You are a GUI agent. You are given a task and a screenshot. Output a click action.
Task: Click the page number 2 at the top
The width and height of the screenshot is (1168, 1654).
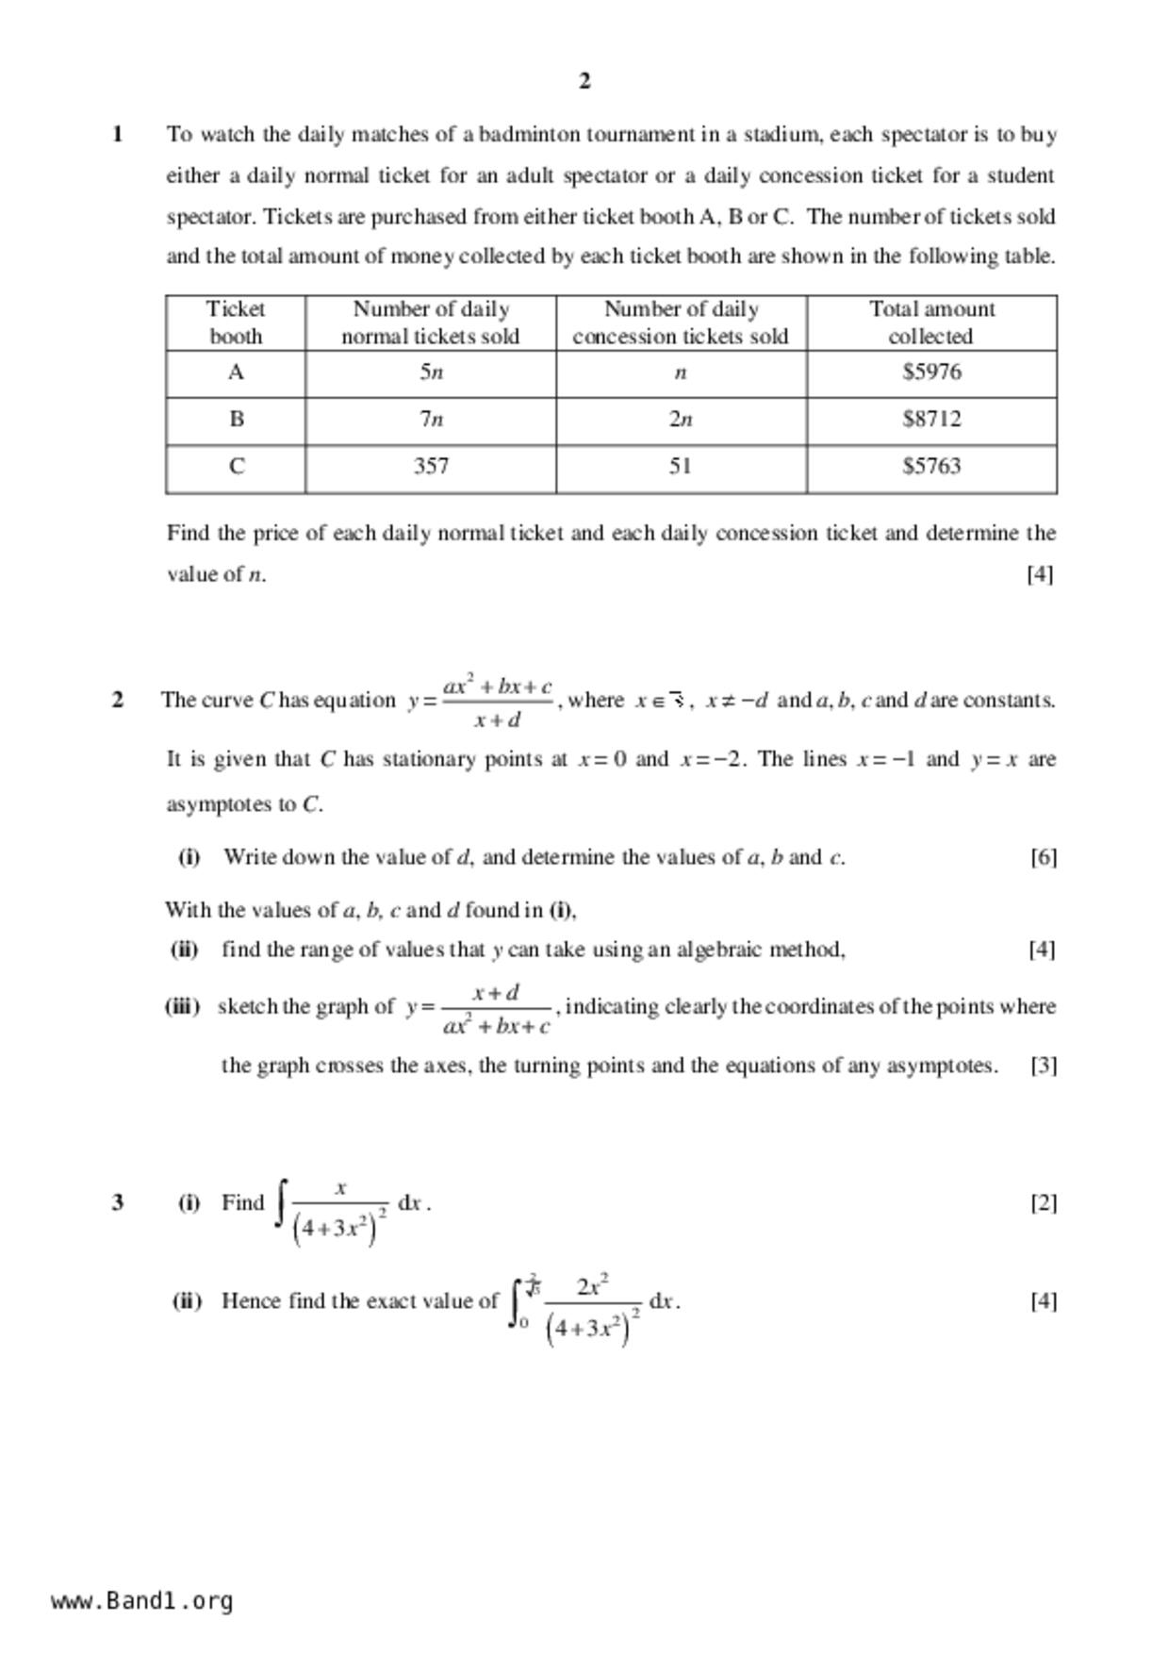coord(584,81)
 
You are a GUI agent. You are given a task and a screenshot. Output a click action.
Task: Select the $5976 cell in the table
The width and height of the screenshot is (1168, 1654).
coord(931,372)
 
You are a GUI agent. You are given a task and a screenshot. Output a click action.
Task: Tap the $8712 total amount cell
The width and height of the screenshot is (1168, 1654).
coord(931,419)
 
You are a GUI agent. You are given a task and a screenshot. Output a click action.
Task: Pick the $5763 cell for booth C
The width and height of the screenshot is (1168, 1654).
coord(931,466)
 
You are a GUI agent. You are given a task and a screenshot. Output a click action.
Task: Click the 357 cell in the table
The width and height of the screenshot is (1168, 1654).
coord(431,466)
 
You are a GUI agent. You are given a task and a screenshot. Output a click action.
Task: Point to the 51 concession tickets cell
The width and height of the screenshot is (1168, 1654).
coord(681,466)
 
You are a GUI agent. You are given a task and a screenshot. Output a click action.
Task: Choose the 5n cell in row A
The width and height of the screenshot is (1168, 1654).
coord(431,372)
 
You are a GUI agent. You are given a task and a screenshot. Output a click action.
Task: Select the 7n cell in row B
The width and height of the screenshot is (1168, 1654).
coord(431,419)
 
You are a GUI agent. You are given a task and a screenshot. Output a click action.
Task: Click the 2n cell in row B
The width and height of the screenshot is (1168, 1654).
coord(681,419)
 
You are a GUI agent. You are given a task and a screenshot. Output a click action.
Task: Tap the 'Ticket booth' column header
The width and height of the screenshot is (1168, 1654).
coord(236,323)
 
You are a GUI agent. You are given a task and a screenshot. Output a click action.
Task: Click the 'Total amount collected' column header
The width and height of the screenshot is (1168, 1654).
coord(931,323)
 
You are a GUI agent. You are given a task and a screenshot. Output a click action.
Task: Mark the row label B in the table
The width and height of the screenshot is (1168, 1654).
coord(236,419)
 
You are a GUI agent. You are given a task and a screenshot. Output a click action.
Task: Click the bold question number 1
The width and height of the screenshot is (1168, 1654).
coord(118,134)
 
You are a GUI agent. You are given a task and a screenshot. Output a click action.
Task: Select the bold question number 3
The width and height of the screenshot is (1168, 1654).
coord(118,1202)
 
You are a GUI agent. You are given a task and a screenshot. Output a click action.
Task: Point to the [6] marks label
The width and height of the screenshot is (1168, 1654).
coord(1043,857)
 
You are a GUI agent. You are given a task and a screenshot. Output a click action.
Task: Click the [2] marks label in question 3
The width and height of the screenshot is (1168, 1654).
coord(1043,1202)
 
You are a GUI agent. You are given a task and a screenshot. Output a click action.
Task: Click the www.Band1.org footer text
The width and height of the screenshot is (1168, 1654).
coord(142,1601)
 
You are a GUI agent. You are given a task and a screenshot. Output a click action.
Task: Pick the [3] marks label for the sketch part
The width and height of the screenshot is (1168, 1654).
coord(1043,1066)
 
